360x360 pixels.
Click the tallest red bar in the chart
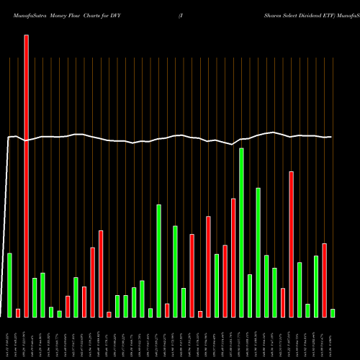27,176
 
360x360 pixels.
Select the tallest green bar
242,233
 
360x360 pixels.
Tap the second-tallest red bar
292,244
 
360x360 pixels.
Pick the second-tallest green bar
258,252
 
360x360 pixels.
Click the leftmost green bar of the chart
10,285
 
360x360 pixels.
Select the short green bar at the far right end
333,313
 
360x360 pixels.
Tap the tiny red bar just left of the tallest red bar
18,313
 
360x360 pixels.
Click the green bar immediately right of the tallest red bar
35,297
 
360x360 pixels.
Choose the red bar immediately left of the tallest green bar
233,258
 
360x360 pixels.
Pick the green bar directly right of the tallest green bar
250,295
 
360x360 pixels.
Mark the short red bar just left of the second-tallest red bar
283,302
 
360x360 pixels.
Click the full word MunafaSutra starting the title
22,6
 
